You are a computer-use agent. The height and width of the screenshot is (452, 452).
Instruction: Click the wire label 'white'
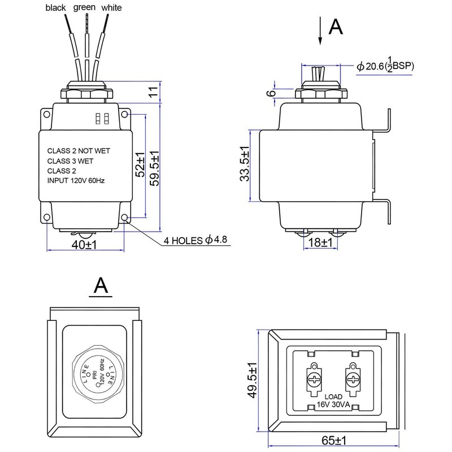[x=111, y=8]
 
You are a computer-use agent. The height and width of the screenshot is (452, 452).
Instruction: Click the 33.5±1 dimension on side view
[x=244, y=164]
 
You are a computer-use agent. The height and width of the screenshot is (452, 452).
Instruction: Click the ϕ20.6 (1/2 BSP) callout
[x=385, y=66]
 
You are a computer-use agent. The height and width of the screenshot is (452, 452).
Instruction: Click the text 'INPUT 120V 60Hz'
[x=76, y=181]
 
